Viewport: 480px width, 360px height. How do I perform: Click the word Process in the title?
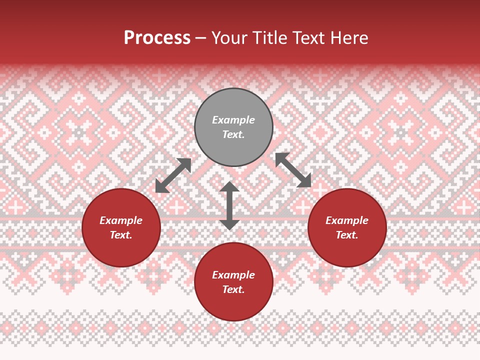click(x=157, y=38)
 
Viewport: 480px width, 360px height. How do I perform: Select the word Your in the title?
click(x=230, y=38)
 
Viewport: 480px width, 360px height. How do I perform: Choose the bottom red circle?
click(x=233, y=305)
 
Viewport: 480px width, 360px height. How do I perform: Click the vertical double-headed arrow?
click(x=229, y=205)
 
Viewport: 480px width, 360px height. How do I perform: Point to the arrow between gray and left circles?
click(x=173, y=175)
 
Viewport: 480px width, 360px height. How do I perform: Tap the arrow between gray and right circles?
click(x=293, y=170)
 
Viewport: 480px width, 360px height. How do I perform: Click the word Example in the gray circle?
click(x=233, y=120)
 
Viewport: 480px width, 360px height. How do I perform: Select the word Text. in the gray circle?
click(x=233, y=134)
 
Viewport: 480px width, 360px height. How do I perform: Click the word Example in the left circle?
click(x=121, y=220)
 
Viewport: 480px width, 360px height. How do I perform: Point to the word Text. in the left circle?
click(x=121, y=235)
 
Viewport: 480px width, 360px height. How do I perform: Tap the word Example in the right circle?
click(x=347, y=220)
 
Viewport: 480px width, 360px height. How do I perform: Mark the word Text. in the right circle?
click(x=347, y=235)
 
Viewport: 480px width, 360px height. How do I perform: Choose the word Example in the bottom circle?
click(x=233, y=275)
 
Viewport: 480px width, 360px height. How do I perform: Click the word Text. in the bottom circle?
click(x=233, y=289)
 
